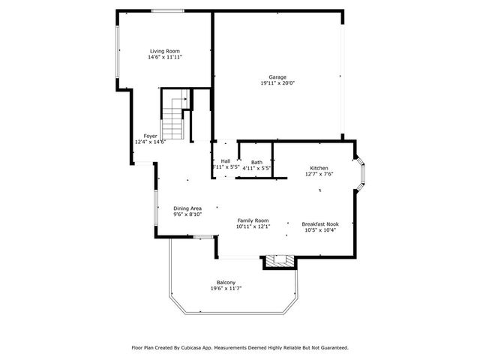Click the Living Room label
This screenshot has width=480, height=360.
(x=165, y=51)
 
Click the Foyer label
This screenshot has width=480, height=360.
(x=151, y=136)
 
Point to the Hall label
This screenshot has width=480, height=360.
(x=226, y=161)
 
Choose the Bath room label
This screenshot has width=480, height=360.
(x=256, y=162)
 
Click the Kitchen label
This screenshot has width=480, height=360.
(x=319, y=168)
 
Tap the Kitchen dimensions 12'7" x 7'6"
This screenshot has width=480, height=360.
(x=319, y=174)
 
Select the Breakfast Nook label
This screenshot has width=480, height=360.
(x=320, y=223)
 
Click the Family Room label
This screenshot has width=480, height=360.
(x=252, y=220)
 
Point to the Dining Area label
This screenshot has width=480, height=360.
(x=187, y=208)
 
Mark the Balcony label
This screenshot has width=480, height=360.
(x=226, y=282)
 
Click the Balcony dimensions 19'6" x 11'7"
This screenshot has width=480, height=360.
(x=226, y=288)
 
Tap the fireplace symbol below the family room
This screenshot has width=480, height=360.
(x=280, y=261)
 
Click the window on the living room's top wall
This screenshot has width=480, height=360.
(x=166, y=10)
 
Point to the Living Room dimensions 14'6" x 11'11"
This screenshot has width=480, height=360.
(x=165, y=57)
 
